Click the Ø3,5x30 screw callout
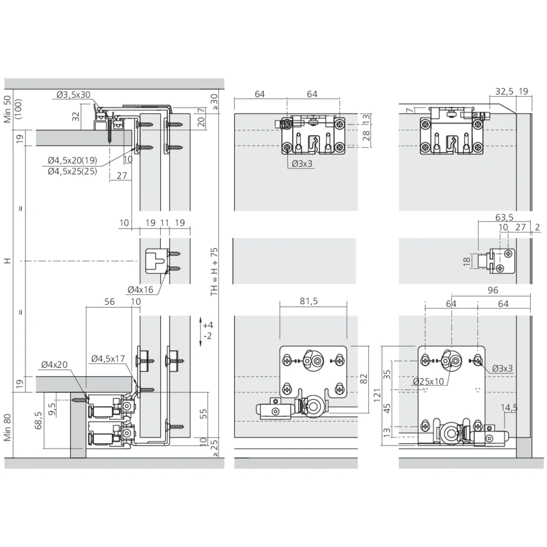pyautogui.click(x=73, y=95)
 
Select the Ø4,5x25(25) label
pyautogui.click(x=73, y=171)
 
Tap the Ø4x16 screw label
pyautogui.click(x=140, y=289)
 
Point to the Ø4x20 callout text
pyautogui.click(x=54, y=364)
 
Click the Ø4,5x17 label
pyautogui.click(x=108, y=359)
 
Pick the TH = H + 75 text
pyautogui.click(x=214, y=272)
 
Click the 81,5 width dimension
pyautogui.click(x=309, y=301)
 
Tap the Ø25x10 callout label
pyautogui.click(x=428, y=381)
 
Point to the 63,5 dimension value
pyautogui.click(x=504, y=217)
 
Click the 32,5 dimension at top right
pyautogui.click(x=504, y=91)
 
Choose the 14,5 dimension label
pyautogui.click(x=509, y=408)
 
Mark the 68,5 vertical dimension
pyautogui.click(x=38, y=420)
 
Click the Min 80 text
pyautogui.click(x=8, y=427)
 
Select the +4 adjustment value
pyautogui.click(x=207, y=325)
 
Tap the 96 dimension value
pyautogui.click(x=493, y=290)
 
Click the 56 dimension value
pyautogui.click(x=109, y=301)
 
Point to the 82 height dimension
pyautogui.click(x=364, y=379)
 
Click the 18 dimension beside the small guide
pyautogui.click(x=467, y=261)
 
